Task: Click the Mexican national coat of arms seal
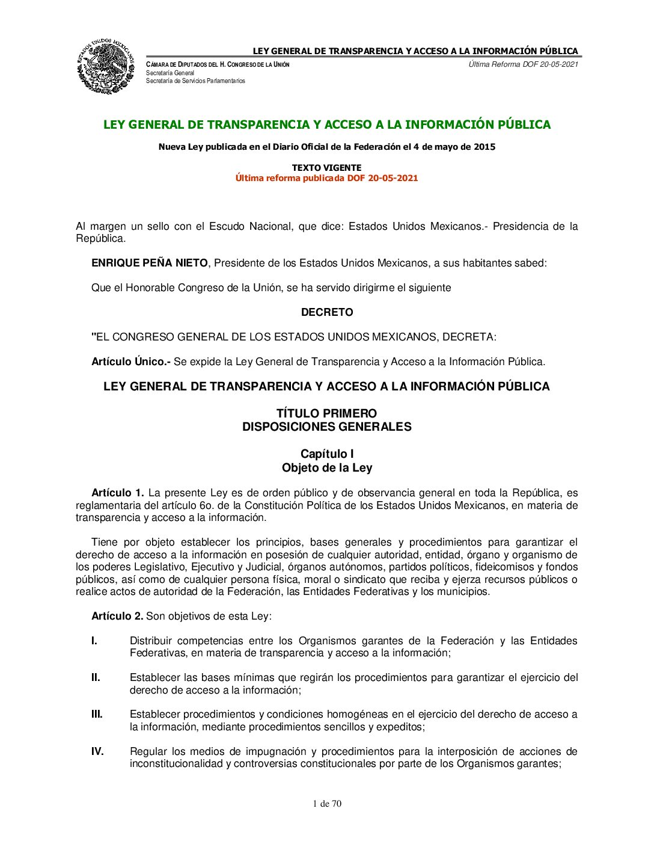(x=106, y=66)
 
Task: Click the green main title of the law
(x=327, y=125)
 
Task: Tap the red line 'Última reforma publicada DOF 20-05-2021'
(x=326, y=178)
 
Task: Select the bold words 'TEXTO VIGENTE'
(x=326, y=168)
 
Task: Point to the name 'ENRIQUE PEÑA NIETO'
(x=149, y=263)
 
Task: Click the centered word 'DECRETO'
(x=327, y=312)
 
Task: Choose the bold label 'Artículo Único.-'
(x=131, y=362)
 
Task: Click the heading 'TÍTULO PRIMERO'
(x=326, y=413)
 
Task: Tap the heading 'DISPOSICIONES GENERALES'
(x=326, y=427)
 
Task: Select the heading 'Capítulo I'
(x=327, y=454)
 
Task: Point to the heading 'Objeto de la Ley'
(x=327, y=467)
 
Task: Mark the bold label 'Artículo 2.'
(x=117, y=616)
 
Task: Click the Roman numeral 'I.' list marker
(x=94, y=641)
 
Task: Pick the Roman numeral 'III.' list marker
(x=97, y=714)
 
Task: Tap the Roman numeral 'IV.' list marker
(x=97, y=751)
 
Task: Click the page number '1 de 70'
(x=327, y=804)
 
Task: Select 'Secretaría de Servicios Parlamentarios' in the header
(x=195, y=81)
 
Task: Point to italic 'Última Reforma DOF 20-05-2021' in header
(x=523, y=64)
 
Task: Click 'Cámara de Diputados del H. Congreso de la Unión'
(x=218, y=64)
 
